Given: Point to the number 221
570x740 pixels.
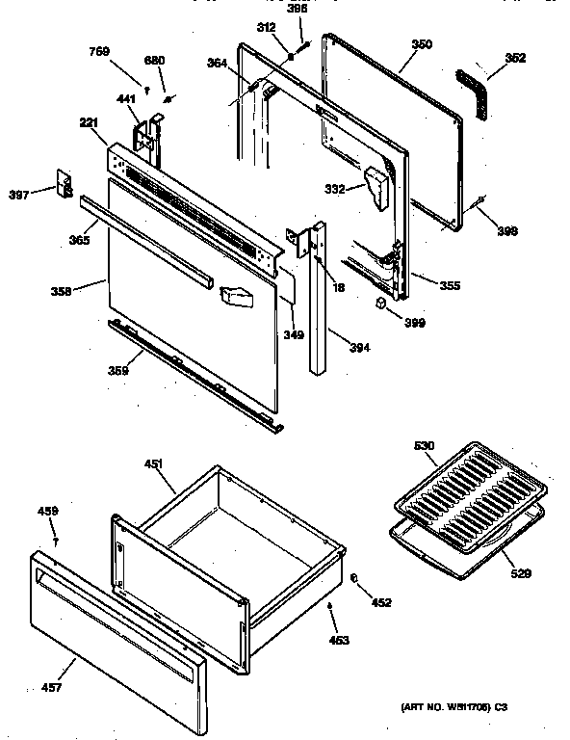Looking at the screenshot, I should [x=90, y=123].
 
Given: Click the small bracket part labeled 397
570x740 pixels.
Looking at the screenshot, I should [x=65, y=184].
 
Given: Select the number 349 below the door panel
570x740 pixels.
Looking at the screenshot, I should [x=293, y=335].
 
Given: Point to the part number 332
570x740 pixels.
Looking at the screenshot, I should [x=334, y=189].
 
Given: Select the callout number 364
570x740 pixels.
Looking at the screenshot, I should [x=218, y=64].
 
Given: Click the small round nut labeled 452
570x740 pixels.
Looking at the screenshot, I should [x=354, y=578].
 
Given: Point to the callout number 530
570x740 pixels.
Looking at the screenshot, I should [x=425, y=446].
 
